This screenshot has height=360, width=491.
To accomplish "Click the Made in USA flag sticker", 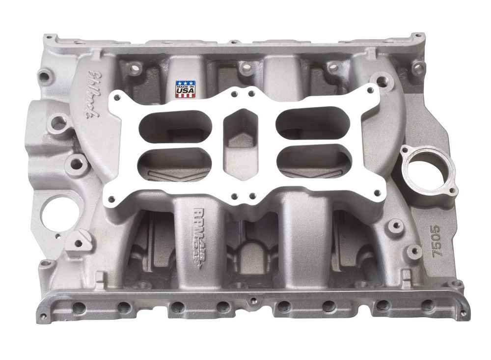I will point(185,89).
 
